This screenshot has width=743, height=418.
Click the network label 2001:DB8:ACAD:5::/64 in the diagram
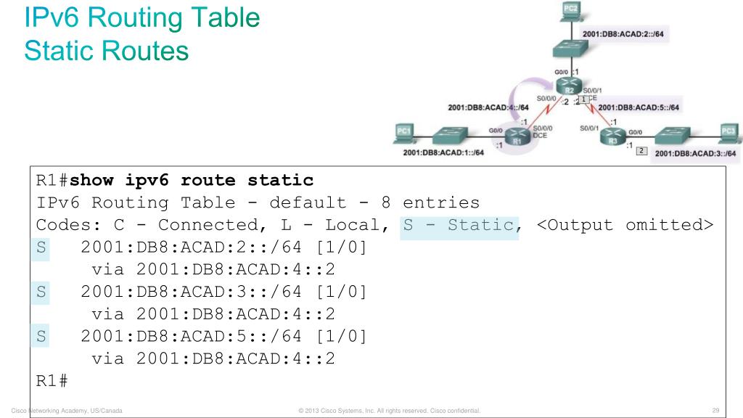639,107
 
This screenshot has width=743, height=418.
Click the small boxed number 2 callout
641,151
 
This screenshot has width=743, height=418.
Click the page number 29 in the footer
719,411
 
